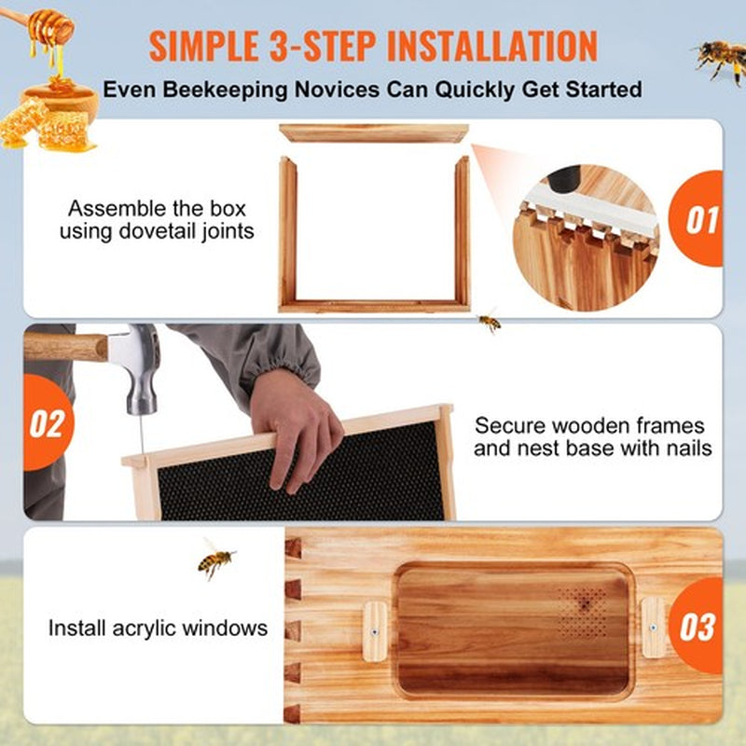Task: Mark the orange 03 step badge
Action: pyautogui.click(x=698, y=626)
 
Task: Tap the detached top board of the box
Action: pyautogui.click(x=374, y=133)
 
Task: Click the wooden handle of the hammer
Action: pyautogui.click(x=65, y=347)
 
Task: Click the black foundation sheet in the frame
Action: pyautogui.click(x=298, y=485)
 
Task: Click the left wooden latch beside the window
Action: pyautogui.click(x=375, y=631)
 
